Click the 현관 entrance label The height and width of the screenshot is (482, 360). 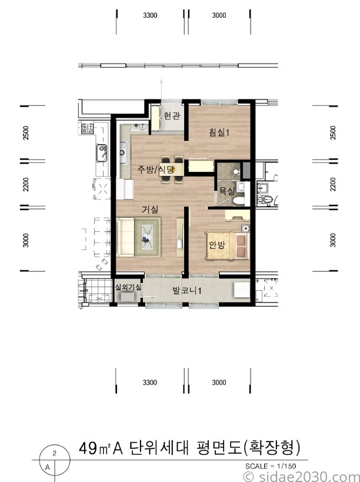point(171,116)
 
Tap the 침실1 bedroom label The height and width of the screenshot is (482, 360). point(219,133)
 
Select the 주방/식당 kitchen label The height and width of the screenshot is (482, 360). point(156,169)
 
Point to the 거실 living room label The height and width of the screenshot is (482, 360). point(150,210)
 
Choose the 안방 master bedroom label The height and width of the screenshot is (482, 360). point(217,245)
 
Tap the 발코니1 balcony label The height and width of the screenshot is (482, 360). point(186,291)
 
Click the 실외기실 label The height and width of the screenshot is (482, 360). point(128,287)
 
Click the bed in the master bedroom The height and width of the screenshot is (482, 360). point(227,246)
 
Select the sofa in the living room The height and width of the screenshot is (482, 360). point(126,237)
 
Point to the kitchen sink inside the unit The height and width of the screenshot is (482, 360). point(123,152)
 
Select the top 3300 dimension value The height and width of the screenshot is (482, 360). point(150,15)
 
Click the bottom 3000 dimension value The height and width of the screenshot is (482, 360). point(219,383)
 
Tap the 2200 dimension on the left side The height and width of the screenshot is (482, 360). point(26,184)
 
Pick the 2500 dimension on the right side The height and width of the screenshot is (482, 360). point(333,133)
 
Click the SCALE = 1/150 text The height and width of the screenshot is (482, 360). point(271,466)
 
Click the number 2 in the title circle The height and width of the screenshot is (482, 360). point(55,453)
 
